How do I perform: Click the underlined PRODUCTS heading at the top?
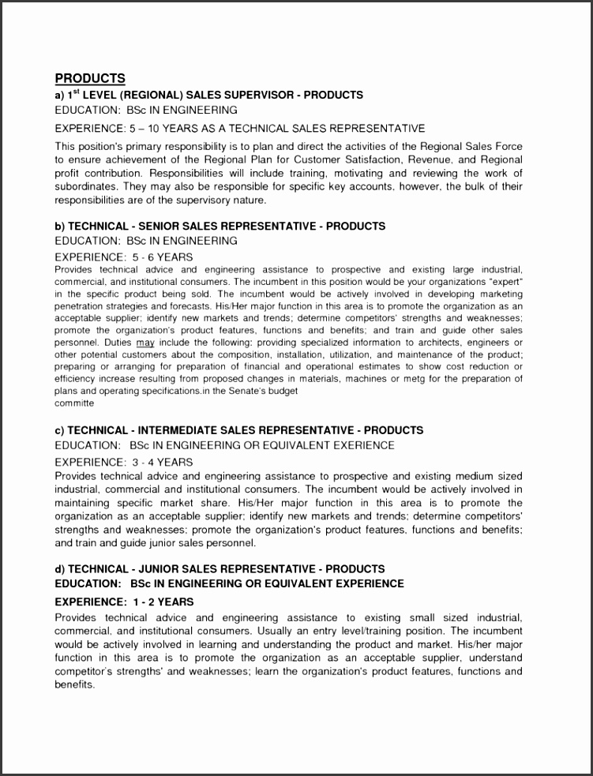[90, 78]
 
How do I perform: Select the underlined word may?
[145, 343]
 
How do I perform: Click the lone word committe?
[74, 403]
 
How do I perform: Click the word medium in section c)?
[456, 477]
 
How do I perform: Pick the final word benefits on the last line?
[74, 684]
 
